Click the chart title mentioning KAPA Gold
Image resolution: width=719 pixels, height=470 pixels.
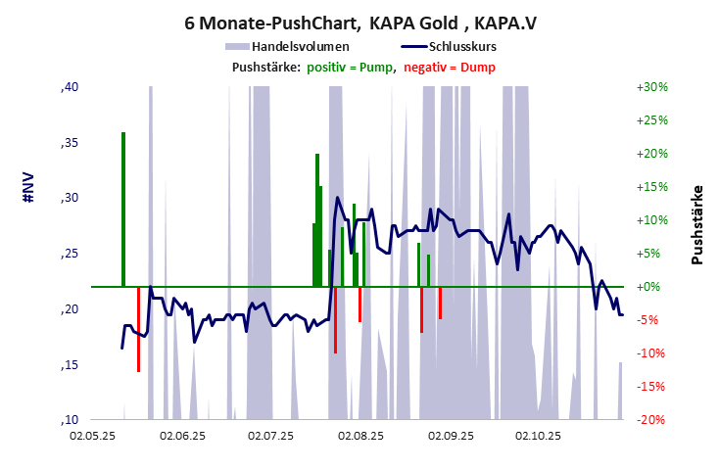359,22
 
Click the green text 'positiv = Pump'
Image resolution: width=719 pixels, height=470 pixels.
352,67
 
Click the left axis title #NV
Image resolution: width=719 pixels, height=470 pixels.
28,188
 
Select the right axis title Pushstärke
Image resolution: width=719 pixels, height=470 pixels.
697,224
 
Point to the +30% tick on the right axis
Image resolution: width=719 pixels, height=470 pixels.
652,87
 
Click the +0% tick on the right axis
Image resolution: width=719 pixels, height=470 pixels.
652,287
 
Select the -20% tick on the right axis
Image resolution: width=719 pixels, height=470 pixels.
652,420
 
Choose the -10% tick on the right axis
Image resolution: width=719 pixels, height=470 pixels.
652,353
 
